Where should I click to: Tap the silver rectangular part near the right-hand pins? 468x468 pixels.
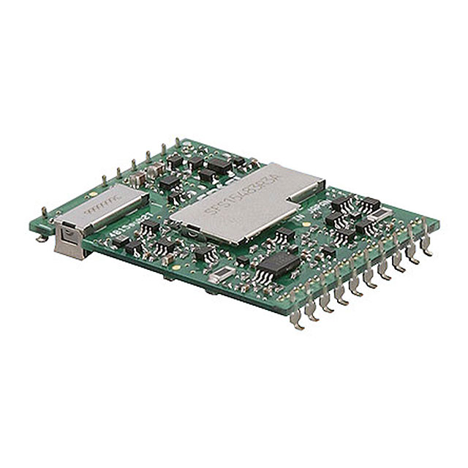[381, 214]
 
